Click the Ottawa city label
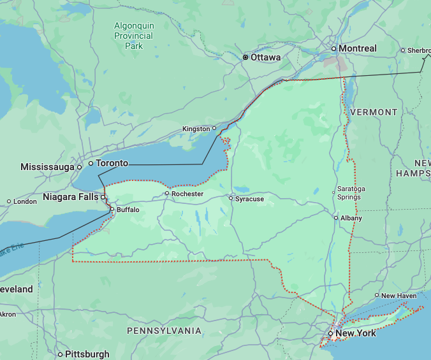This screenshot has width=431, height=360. tap(265, 57)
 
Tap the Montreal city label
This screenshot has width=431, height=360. tap(357, 48)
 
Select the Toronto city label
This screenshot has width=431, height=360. tap(112, 163)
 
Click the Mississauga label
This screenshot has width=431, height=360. tap(48, 167)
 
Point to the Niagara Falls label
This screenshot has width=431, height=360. tap(71, 197)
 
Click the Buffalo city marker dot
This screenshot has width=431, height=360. tap(112, 209)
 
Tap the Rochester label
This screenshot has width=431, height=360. tap(187, 194)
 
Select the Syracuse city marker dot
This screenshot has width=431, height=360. tap(231, 198)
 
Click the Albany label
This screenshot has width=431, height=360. tap(351, 218)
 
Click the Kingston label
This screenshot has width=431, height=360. tap(196, 129)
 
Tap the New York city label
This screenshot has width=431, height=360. tap(355, 333)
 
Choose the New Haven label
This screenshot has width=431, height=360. tap(399, 296)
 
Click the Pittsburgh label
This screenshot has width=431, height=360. tap(87, 354)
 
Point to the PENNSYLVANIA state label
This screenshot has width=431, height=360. tap(164, 331)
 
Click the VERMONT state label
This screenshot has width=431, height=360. tap(374, 112)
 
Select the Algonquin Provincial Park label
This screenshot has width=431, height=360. tap(134, 36)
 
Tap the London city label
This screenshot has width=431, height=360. tap(25, 201)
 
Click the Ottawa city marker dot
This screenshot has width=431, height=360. tap(245, 57)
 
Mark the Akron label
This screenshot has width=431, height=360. tap(8, 314)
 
